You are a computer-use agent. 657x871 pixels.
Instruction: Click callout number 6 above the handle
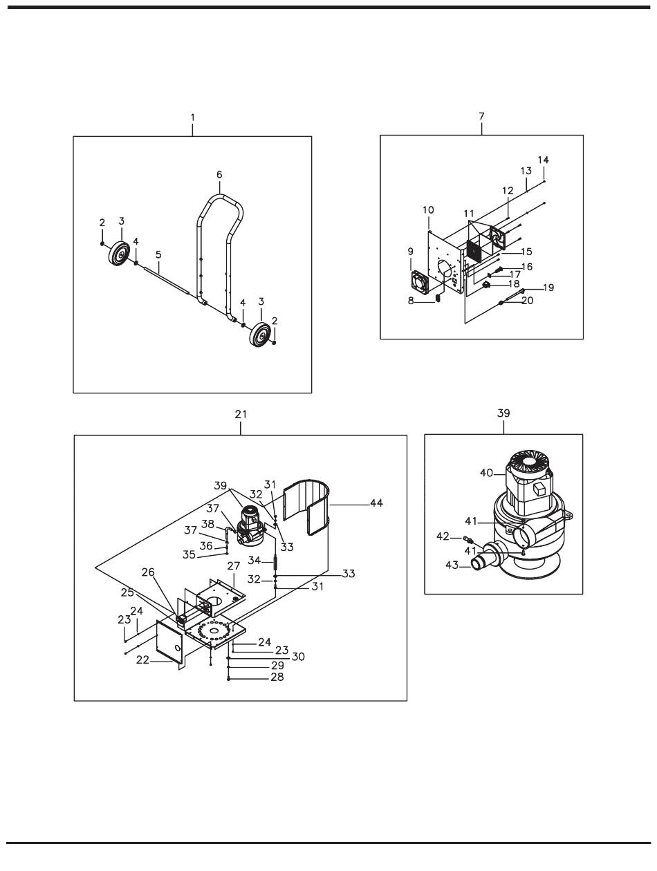coord(219,175)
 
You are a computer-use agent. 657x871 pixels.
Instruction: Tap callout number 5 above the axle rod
coord(158,254)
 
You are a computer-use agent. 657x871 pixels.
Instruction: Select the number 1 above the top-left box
coord(192,118)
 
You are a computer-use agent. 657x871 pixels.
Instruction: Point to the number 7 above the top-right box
coord(481,116)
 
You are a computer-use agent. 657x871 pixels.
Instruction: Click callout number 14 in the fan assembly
coord(543,160)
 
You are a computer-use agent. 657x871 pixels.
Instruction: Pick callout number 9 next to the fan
coord(411,251)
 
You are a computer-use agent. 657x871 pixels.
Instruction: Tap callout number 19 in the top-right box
coord(548,288)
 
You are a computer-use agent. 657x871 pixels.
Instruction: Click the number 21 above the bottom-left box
coord(241,414)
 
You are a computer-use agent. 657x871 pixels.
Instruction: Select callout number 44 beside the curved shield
coord(376,503)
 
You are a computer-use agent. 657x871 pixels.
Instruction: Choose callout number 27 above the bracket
coord(234,565)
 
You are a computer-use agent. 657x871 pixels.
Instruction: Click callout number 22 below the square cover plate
coord(142,659)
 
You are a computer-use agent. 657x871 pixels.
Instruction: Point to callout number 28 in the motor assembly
coord(277,677)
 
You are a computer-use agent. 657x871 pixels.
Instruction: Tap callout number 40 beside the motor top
coord(486,473)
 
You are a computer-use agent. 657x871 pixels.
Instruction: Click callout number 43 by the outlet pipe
coord(452,565)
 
